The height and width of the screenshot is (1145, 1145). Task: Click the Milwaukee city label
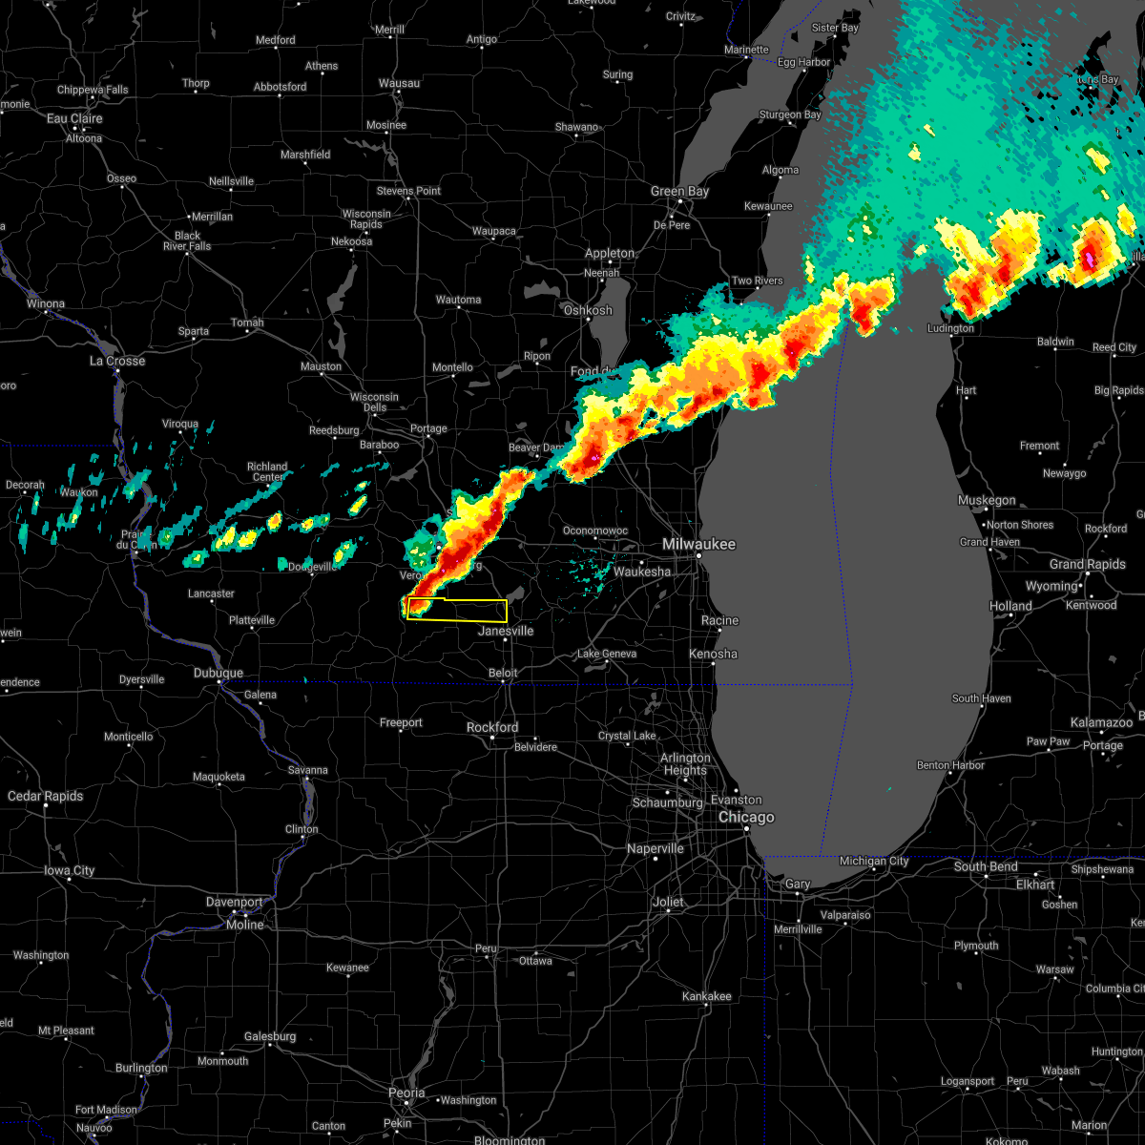(x=699, y=544)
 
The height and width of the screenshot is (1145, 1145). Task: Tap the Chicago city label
(x=746, y=818)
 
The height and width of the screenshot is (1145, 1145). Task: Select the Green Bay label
(x=679, y=192)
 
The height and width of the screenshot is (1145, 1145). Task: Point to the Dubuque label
(x=219, y=673)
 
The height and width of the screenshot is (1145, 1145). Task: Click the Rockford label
(x=492, y=727)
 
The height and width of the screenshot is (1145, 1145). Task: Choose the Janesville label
(x=506, y=632)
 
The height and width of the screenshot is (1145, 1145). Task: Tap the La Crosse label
(x=117, y=362)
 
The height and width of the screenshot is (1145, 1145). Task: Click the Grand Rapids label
(x=1088, y=564)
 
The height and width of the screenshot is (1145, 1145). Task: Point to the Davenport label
(x=233, y=903)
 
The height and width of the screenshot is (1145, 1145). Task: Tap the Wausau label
(x=399, y=84)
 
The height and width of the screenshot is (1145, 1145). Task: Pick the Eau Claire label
(x=74, y=119)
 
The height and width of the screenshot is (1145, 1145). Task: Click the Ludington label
(x=950, y=329)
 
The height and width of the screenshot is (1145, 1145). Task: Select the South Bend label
(x=986, y=867)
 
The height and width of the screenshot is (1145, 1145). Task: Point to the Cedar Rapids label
(x=46, y=797)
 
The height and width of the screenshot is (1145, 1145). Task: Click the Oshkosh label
(x=588, y=311)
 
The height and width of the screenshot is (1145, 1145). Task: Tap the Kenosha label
(x=713, y=655)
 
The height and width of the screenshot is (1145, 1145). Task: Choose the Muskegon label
(x=987, y=501)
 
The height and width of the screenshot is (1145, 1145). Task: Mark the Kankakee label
(x=707, y=997)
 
